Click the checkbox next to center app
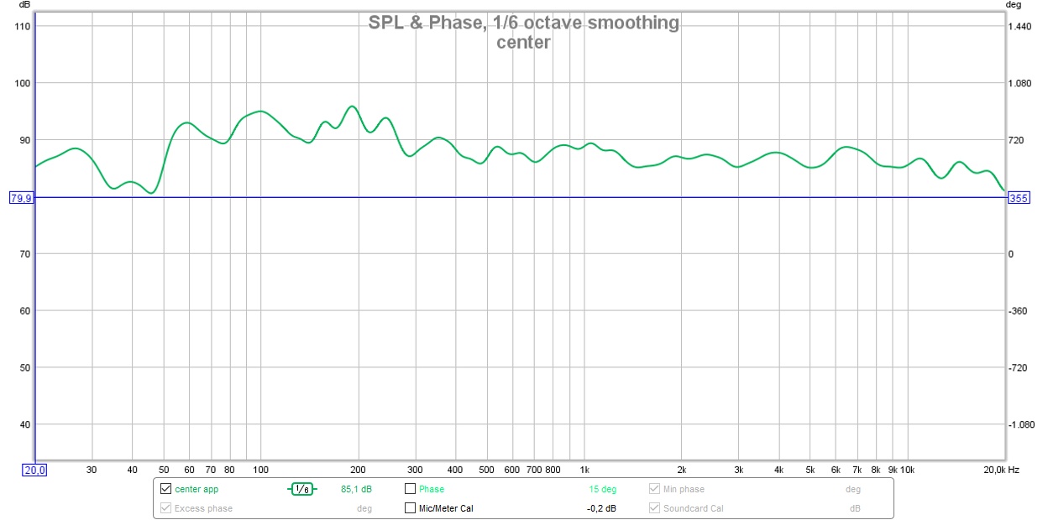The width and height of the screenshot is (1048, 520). coord(165,489)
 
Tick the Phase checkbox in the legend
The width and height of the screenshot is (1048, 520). coord(411,489)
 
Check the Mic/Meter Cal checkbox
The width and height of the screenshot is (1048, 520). coord(411,507)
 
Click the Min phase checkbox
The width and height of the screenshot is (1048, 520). coord(655,489)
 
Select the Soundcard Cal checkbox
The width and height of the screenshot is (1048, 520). coord(655,507)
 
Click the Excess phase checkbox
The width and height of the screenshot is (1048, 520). coord(165,507)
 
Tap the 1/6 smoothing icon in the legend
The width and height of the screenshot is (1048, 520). coord(302,489)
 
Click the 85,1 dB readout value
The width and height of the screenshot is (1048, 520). coord(356,489)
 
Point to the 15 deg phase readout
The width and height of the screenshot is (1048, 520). coord(602,489)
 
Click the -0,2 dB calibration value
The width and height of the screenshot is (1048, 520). coord(601,507)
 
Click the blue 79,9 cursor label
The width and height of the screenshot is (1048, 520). coord(20,198)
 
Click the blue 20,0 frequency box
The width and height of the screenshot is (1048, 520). coord(35,470)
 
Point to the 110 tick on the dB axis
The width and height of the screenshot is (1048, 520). coord(22,26)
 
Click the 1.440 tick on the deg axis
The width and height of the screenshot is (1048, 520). coord(1019,26)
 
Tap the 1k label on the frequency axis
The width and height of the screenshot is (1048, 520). coord(584,470)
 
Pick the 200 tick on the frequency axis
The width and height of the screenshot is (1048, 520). coord(359,470)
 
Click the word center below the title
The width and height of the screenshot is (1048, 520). coord(523,42)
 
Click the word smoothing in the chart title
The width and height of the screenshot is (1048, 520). coord(632,23)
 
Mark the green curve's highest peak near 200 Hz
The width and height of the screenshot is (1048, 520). coord(352,107)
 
